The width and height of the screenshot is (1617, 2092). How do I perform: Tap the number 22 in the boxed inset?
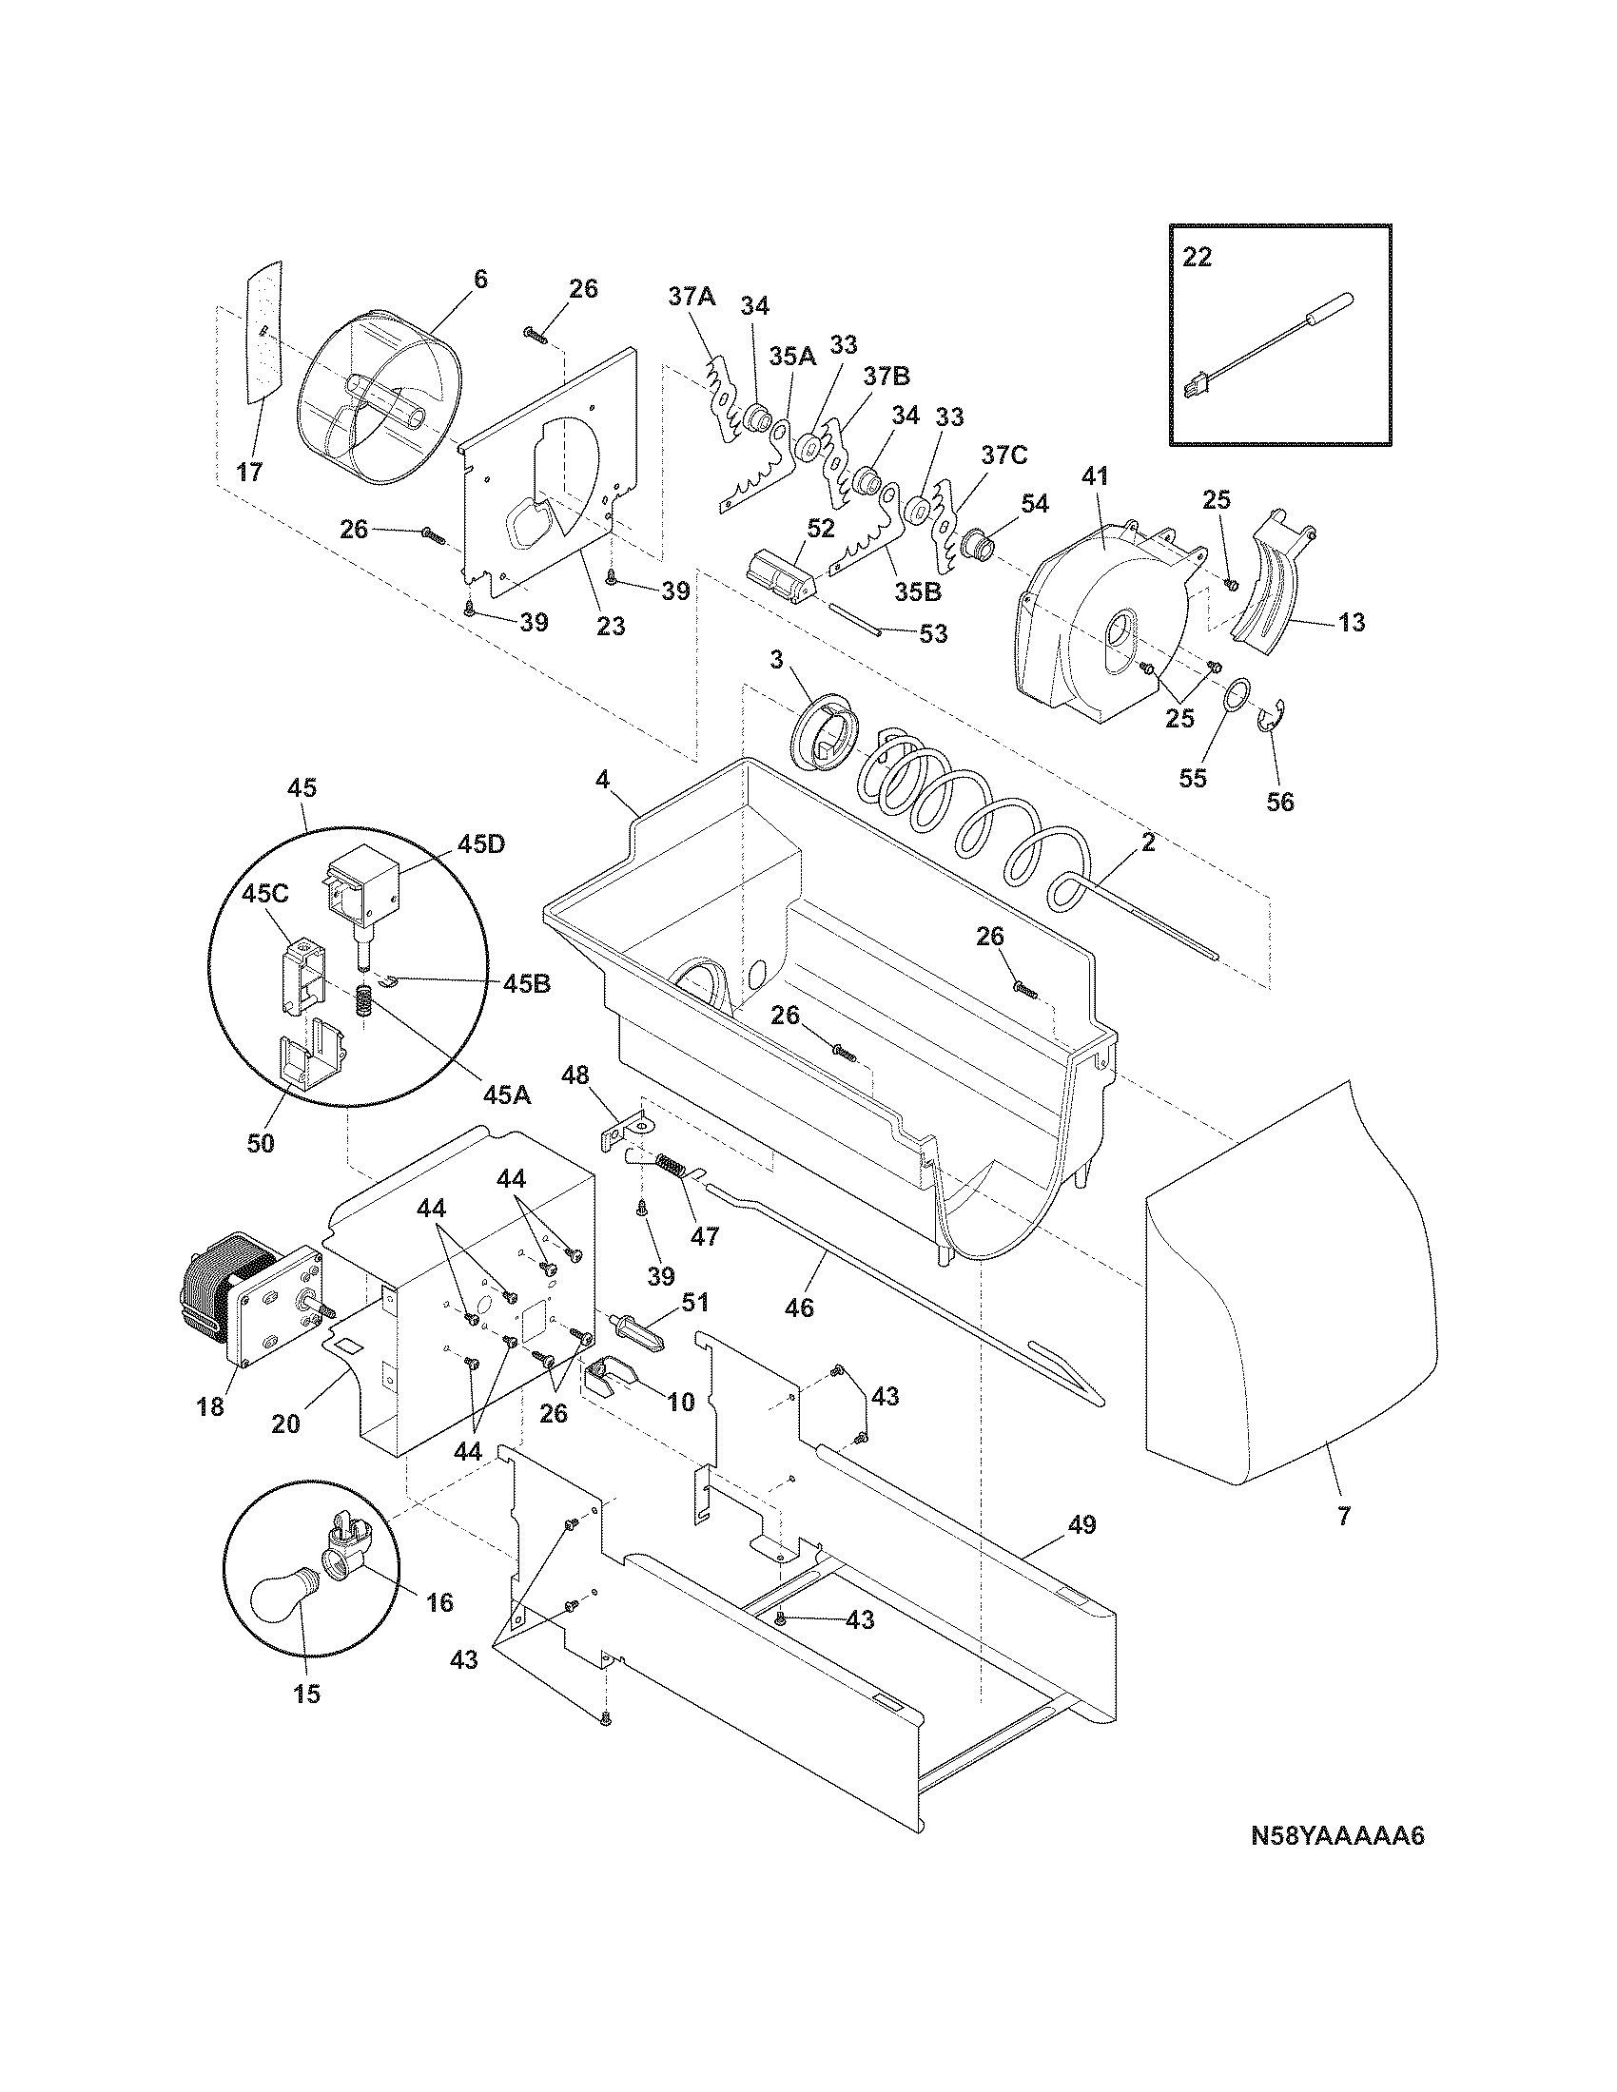(1197, 258)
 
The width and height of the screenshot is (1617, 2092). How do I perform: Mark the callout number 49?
(1081, 1525)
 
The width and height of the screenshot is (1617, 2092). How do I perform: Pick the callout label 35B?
(917, 592)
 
